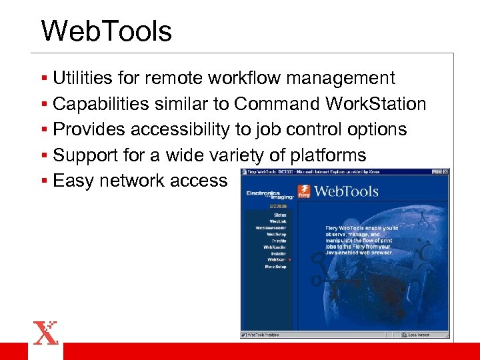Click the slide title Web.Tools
106,31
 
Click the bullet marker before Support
44,155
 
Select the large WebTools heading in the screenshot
346,192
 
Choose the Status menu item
279,215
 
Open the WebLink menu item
278,222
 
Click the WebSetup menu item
277,235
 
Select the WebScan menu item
276,260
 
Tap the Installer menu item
278,253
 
